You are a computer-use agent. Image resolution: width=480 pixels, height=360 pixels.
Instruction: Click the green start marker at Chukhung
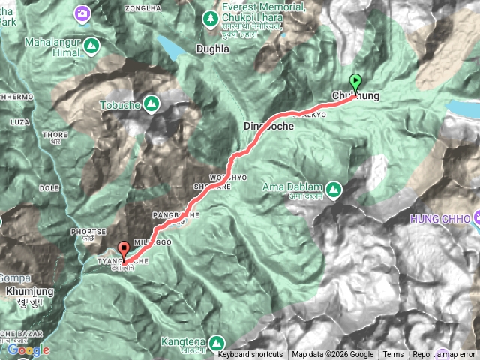pos(355,82)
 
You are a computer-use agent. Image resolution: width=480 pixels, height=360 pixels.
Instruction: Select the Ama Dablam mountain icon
pos(331,187)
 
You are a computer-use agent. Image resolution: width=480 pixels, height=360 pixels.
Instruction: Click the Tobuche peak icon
pos(151,102)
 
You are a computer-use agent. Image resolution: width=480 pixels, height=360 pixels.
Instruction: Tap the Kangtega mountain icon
pos(216,343)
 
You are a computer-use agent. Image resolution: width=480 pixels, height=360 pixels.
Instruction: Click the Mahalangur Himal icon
pos(91,46)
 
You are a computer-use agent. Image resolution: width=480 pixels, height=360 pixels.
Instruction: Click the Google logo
pos(28,349)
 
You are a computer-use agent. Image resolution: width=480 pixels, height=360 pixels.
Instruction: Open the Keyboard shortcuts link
pos(250,355)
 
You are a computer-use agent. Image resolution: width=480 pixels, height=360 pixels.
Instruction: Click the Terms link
pos(393,355)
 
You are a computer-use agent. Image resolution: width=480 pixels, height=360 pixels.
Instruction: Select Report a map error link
pos(445,355)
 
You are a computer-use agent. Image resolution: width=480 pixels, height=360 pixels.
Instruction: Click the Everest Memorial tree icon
pos(211,16)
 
